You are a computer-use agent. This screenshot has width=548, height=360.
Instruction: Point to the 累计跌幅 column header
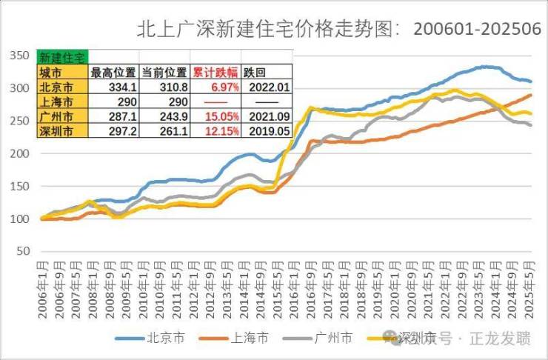215,73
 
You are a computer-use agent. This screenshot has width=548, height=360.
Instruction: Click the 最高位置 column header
113,73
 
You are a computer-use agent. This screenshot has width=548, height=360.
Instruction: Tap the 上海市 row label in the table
56,102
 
